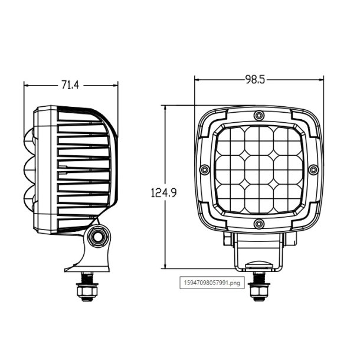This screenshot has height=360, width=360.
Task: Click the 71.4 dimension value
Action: pyautogui.click(x=70, y=85)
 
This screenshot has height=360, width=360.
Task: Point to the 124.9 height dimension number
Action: pyautogui.click(x=165, y=192)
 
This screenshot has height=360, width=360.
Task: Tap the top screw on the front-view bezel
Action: pyautogui.click(x=258, y=114)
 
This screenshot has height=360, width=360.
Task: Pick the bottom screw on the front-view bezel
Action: pyautogui.click(x=258, y=223)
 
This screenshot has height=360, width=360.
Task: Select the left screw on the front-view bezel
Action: pyautogui.click(x=204, y=169)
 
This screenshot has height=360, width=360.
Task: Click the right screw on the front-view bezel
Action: pyautogui.click(x=313, y=169)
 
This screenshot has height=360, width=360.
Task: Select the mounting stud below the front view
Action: pyautogui.click(x=257, y=290)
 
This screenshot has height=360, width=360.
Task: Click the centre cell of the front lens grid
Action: pyautogui.click(x=258, y=169)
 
